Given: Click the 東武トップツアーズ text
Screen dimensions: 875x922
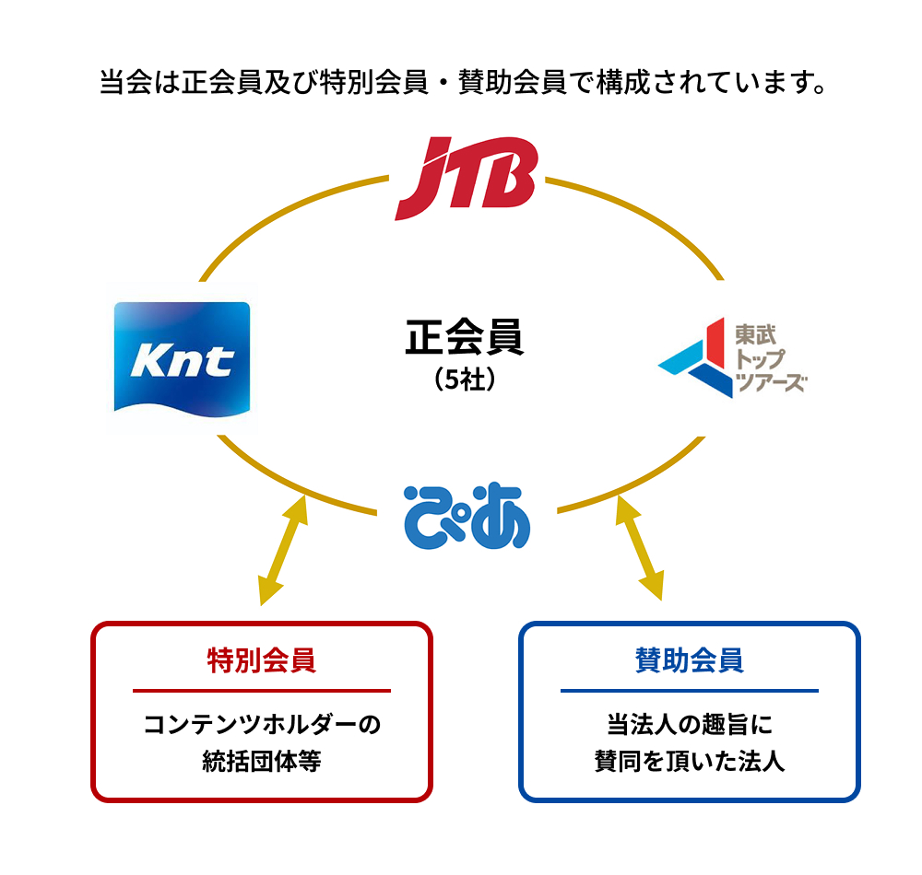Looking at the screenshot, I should [x=771, y=357].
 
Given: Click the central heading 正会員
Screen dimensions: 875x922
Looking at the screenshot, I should [x=465, y=337].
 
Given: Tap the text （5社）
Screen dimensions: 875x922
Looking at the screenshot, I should [x=465, y=379].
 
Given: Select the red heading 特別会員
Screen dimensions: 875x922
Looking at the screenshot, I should [x=262, y=660].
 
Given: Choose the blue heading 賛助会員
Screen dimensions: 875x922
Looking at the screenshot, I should [x=689, y=660].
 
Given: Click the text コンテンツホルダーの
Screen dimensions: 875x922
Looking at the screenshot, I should [x=262, y=724].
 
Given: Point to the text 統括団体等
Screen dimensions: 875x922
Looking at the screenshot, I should [x=262, y=762].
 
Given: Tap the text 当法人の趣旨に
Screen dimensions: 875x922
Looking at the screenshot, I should [x=689, y=724].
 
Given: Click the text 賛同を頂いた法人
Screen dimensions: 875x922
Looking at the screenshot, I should [x=689, y=762].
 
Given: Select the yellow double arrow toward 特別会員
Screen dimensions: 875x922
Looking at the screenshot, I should [x=283, y=550].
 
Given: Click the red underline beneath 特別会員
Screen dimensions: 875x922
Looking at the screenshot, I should [x=262, y=690].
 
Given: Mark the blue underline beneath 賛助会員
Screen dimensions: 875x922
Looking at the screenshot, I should [x=689, y=690].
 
